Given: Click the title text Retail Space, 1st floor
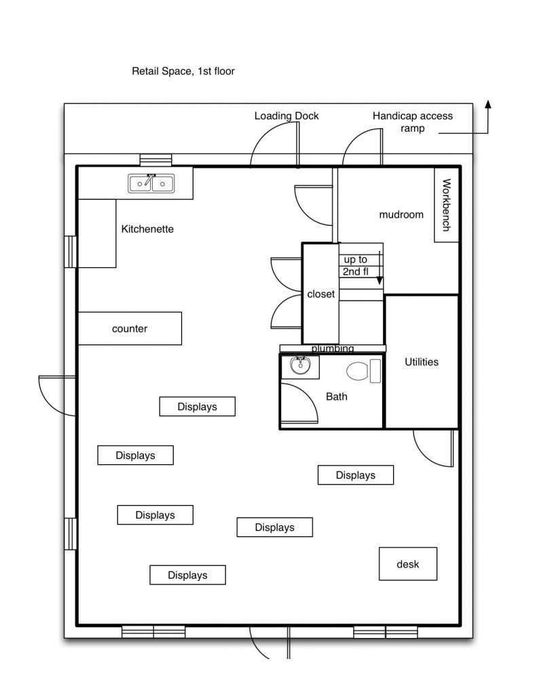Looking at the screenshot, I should pos(183,71).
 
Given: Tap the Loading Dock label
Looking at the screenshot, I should pos(286,116).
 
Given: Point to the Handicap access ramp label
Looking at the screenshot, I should pos(412,121).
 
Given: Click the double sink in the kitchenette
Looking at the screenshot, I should pos(151,183).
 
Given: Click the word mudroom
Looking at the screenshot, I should pos(401,214).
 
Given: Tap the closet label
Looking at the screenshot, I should pos(320,295).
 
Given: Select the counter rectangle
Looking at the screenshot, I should pos(130,328).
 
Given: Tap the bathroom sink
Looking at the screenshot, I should pos(299,366).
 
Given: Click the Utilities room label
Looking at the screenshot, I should pos(422,362).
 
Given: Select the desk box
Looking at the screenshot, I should pos(407,564).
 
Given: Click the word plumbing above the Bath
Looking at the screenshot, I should pos(333,349).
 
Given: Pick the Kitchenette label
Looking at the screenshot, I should pos(147,229).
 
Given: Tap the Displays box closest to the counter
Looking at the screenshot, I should pos(197,407).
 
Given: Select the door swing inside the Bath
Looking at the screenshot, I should pos(299,404).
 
